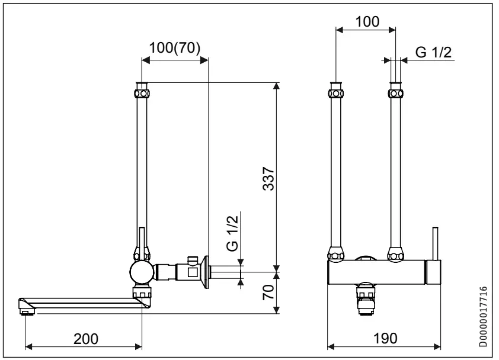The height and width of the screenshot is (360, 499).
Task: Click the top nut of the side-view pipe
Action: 142,93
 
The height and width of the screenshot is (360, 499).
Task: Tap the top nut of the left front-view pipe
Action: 336,93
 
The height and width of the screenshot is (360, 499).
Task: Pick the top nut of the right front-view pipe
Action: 395,93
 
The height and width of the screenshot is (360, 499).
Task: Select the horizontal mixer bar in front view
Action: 379,274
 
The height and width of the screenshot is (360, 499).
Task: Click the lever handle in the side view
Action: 142,240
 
